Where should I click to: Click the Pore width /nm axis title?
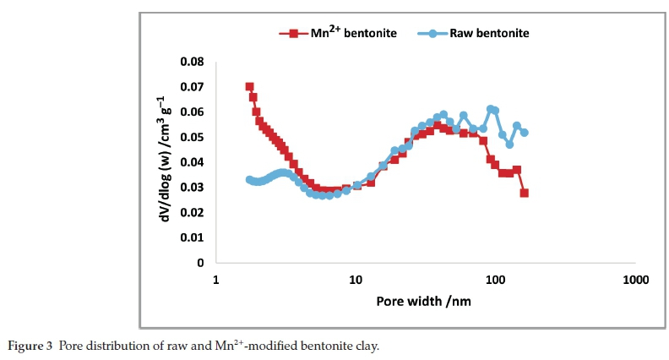[425, 301]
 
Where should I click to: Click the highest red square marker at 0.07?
[249, 87]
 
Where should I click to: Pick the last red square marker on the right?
[525, 193]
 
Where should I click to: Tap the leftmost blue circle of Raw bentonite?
[249, 179]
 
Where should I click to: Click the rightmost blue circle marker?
[525, 133]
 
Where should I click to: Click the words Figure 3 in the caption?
[30, 346]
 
